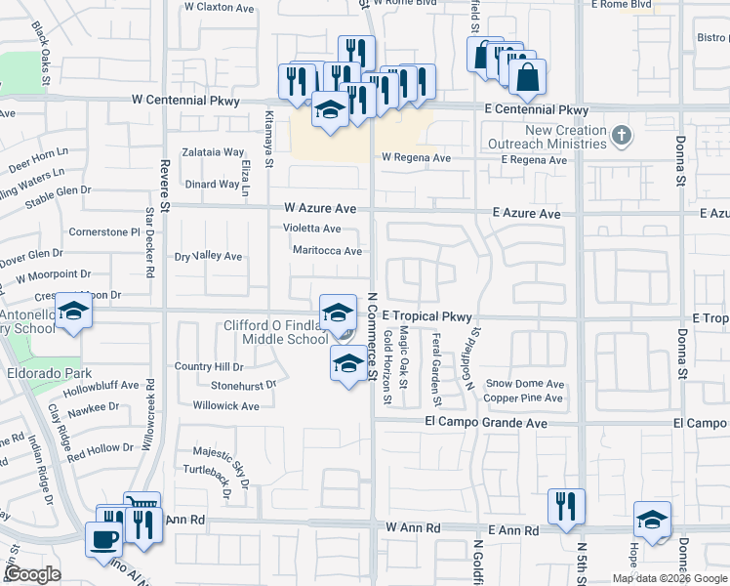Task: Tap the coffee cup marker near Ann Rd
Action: pyautogui.click(x=103, y=537)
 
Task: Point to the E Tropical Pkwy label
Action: pyautogui.click(x=426, y=316)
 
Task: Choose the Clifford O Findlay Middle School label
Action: pyautogui.click(x=276, y=332)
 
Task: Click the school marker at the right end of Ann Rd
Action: pyautogui.click(x=652, y=520)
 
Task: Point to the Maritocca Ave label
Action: pyautogui.click(x=327, y=250)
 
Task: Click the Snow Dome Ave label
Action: pyautogui.click(x=525, y=384)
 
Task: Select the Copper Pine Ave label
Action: pyautogui.click(x=523, y=398)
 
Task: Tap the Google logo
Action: pyautogui.click(x=32, y=574)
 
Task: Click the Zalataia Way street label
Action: pyautogui.click(x=211, y=152)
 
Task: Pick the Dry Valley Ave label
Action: pyautogui.click(x=208, y=256)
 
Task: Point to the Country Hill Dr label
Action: pyautogui.click(x=209, y=366)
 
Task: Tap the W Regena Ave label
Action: pyautogui.click(x=416, y=157)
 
